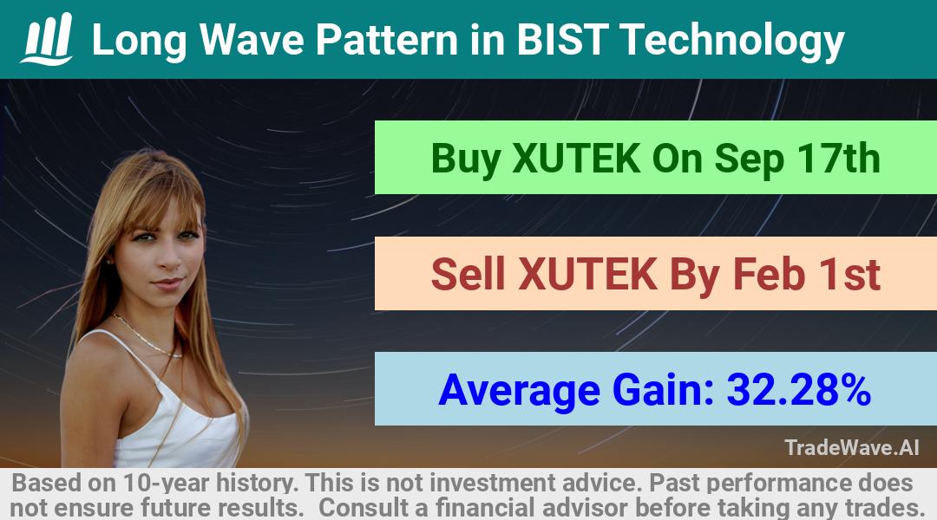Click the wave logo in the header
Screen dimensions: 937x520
47,38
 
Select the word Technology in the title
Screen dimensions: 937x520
732,42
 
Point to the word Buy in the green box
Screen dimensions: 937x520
466,159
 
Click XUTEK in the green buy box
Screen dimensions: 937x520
576,159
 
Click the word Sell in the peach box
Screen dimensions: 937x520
468,273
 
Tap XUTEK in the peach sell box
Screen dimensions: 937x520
588,274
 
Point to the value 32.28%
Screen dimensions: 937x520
798,389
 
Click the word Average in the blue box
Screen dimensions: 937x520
520,391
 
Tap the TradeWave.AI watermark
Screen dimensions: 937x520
852,447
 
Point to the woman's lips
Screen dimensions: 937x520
168,283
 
